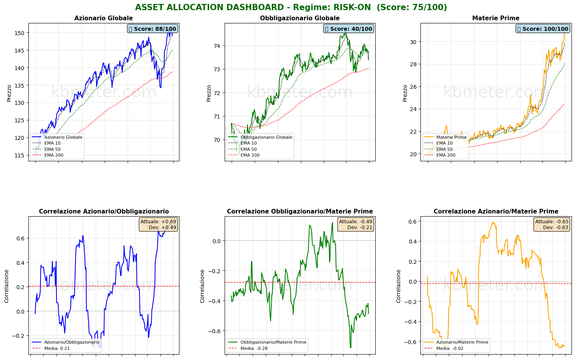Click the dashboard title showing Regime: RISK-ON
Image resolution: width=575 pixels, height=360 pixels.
coord(291,7)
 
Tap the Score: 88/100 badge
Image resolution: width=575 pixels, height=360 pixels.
coord(153,29)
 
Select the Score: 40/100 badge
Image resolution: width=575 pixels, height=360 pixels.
coord(349,29)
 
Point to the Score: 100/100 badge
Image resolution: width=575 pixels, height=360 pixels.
coord(543,29)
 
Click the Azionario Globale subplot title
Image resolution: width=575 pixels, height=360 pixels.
coord(104,18)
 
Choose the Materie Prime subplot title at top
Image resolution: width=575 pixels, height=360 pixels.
coord(496,18)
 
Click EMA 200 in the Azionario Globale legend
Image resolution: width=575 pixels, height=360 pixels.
coord(54,155)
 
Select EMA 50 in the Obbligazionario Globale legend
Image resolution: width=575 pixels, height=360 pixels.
coord(248,149)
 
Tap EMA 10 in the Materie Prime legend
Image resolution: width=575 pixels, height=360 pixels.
coord(445,143)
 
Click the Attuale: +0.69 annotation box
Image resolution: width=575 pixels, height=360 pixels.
coord(158,224)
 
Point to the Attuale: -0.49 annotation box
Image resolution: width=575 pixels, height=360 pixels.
coord(355,224)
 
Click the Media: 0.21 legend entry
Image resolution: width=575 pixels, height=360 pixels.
coord(57,348)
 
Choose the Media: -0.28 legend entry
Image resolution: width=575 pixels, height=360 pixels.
coord(254,348)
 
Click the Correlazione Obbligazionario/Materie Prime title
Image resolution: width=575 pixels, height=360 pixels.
coord(300,212)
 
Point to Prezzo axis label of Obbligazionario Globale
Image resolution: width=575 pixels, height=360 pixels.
coord(209,93)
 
